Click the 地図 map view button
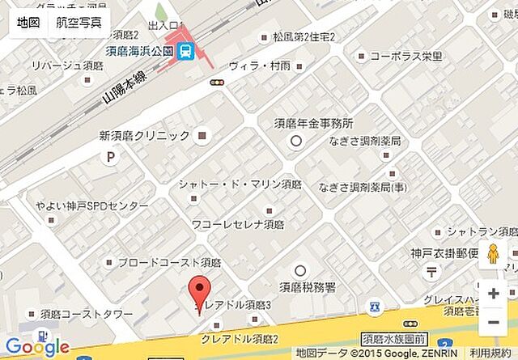click(28, 22)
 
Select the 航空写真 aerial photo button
click(79, 22)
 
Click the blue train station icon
click(186, 51)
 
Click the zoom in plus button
click(493, 294)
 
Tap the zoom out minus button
click(493, 323)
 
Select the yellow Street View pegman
click(493, 255)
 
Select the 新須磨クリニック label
click(144, 135)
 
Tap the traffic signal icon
click(216, 82)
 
